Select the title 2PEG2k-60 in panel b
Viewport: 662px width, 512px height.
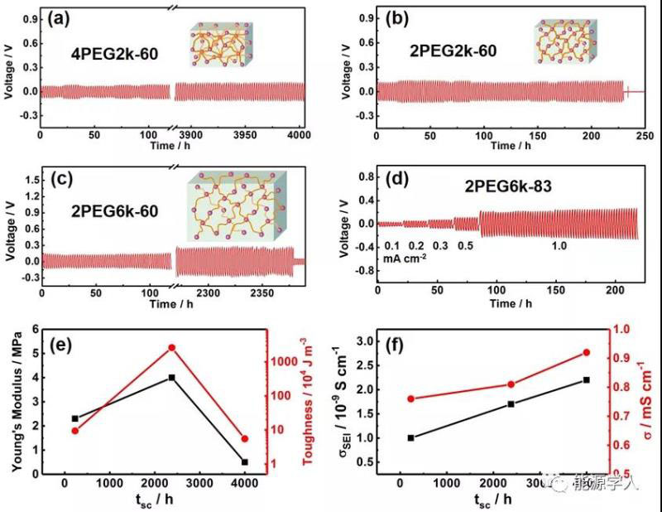pyautogui.click(x=453, y=51)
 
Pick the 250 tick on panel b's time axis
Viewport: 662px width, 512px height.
pyautogui.click(x=645, y=134)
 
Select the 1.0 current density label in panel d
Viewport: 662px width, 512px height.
pyautogui.click(x=560, y=245)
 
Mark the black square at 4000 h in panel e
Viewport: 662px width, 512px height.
pyautogui.click(x=244, y=461)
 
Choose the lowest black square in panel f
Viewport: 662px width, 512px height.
pyautogui.click(x=410, y=437)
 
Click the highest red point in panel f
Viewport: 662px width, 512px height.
pyautogui.click(x=587, y=352)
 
